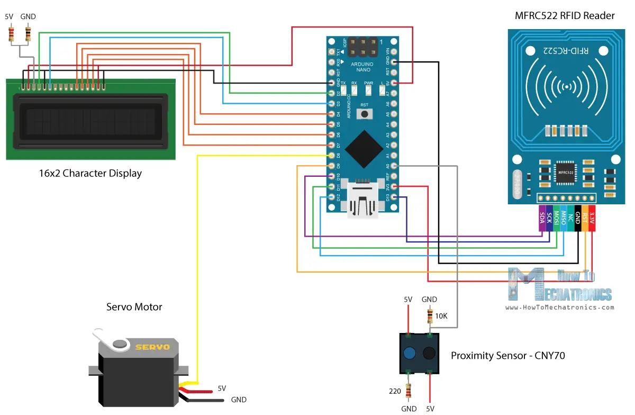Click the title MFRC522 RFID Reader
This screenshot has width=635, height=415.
coord(565,16)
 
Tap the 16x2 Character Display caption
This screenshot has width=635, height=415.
coord(90,173)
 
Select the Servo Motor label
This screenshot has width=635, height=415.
coord(134,307)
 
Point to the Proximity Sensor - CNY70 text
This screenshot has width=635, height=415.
coord(507,356)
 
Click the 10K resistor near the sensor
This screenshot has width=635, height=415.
coord(429,317)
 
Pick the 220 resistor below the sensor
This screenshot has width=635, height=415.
coord(408,391)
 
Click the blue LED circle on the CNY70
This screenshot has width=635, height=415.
coord(409,354)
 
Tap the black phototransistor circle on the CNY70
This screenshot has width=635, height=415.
coord(429,354)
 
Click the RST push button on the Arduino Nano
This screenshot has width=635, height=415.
coord(364,114)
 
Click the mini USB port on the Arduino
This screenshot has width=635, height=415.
coord(364,201)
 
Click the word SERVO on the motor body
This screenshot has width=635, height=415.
coord(152,347)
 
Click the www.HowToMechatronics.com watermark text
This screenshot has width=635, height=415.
coord(559,307)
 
